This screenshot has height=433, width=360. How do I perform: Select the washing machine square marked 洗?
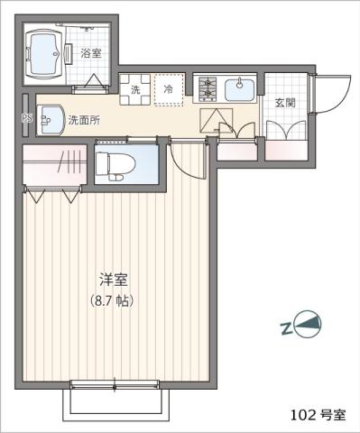[x=135, y=89]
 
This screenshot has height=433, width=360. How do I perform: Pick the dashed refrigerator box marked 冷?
[x=168, y=89]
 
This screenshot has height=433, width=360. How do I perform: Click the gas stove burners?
[x=207, y=88]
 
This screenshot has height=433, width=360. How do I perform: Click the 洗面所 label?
[x=84, y=119]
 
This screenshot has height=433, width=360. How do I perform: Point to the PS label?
[x=26, y=117]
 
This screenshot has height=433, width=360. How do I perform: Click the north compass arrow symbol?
[x=309, y=325]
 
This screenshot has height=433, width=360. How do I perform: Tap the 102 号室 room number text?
[x=318, y=415]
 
